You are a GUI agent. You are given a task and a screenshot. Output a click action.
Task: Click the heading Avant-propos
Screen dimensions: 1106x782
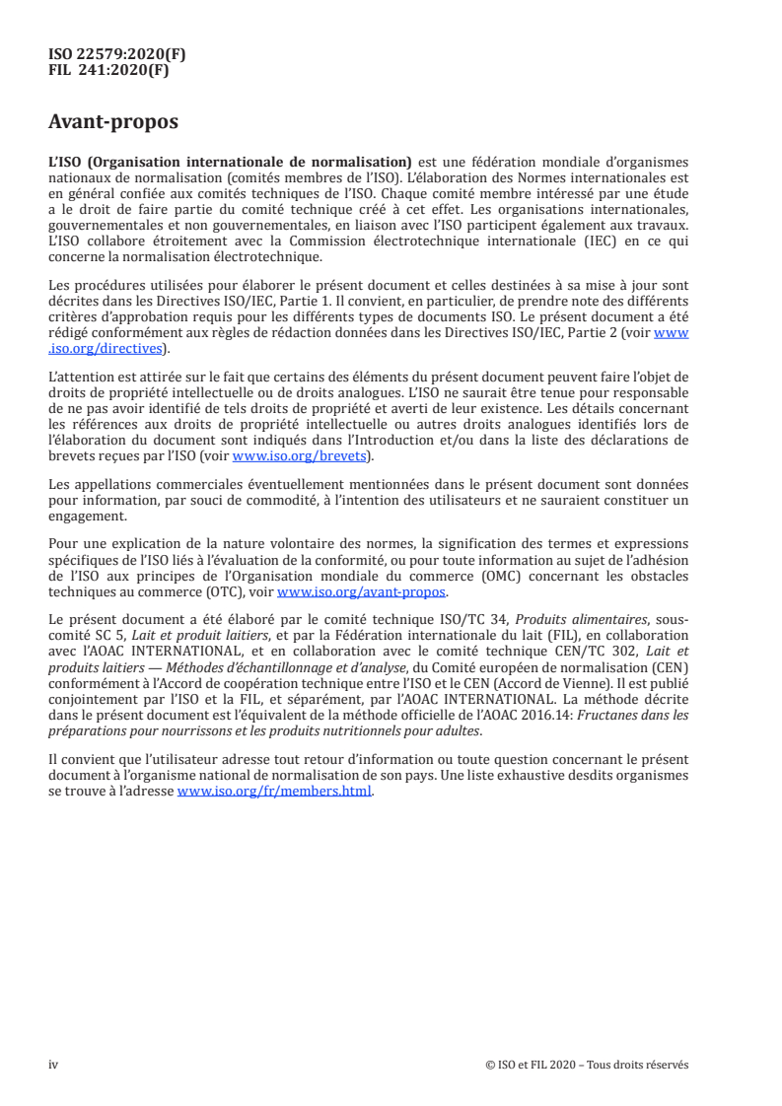pyautogui.click(x=113, y=122)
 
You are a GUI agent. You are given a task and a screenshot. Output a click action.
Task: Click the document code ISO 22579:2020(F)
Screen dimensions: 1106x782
pyautogui.click(x=117, y=55)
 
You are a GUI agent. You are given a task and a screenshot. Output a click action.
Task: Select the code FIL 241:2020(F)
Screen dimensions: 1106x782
pyautogui.click(x=117, y=71)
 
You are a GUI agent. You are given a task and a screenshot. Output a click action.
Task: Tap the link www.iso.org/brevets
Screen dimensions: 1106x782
pyautogui.click(x=298, y=456)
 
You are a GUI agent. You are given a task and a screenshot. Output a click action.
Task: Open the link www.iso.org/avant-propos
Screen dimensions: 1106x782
pyautogui.click(x=362, y=592)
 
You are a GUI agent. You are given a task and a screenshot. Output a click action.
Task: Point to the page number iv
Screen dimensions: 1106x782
pyautogui.click(x=54, y=1065)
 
